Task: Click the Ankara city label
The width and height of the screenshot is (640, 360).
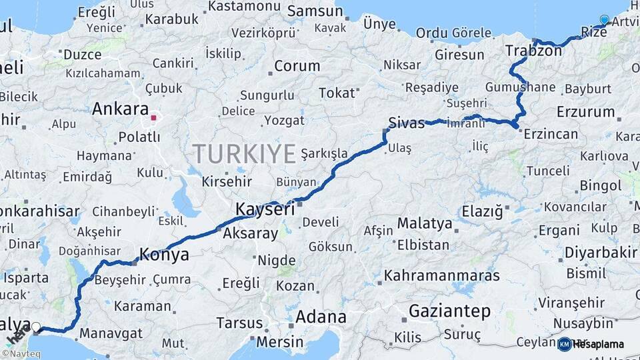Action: [120, 109]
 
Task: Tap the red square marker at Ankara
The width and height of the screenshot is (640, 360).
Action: [154, 118]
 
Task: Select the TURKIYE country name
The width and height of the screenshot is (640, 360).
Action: [245, 154]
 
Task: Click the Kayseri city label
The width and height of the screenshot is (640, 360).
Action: [265, 209]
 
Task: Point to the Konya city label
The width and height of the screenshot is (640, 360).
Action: [163, 255]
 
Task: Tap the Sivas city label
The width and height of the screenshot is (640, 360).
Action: [406, 123]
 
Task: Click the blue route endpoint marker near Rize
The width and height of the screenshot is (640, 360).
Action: [604, 20]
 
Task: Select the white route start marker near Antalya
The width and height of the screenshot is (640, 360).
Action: [36, 327]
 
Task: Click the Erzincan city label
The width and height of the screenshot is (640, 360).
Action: [551, 134]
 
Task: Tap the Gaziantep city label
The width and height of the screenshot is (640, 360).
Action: [449, 311]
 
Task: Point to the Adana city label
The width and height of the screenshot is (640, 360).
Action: [321, 317]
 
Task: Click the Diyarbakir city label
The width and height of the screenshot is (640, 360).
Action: [601, 253]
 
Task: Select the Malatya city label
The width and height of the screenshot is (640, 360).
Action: [425, 223]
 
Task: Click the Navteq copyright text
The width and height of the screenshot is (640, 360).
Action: [20, 354]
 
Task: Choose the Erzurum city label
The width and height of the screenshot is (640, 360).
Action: [585, 111]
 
